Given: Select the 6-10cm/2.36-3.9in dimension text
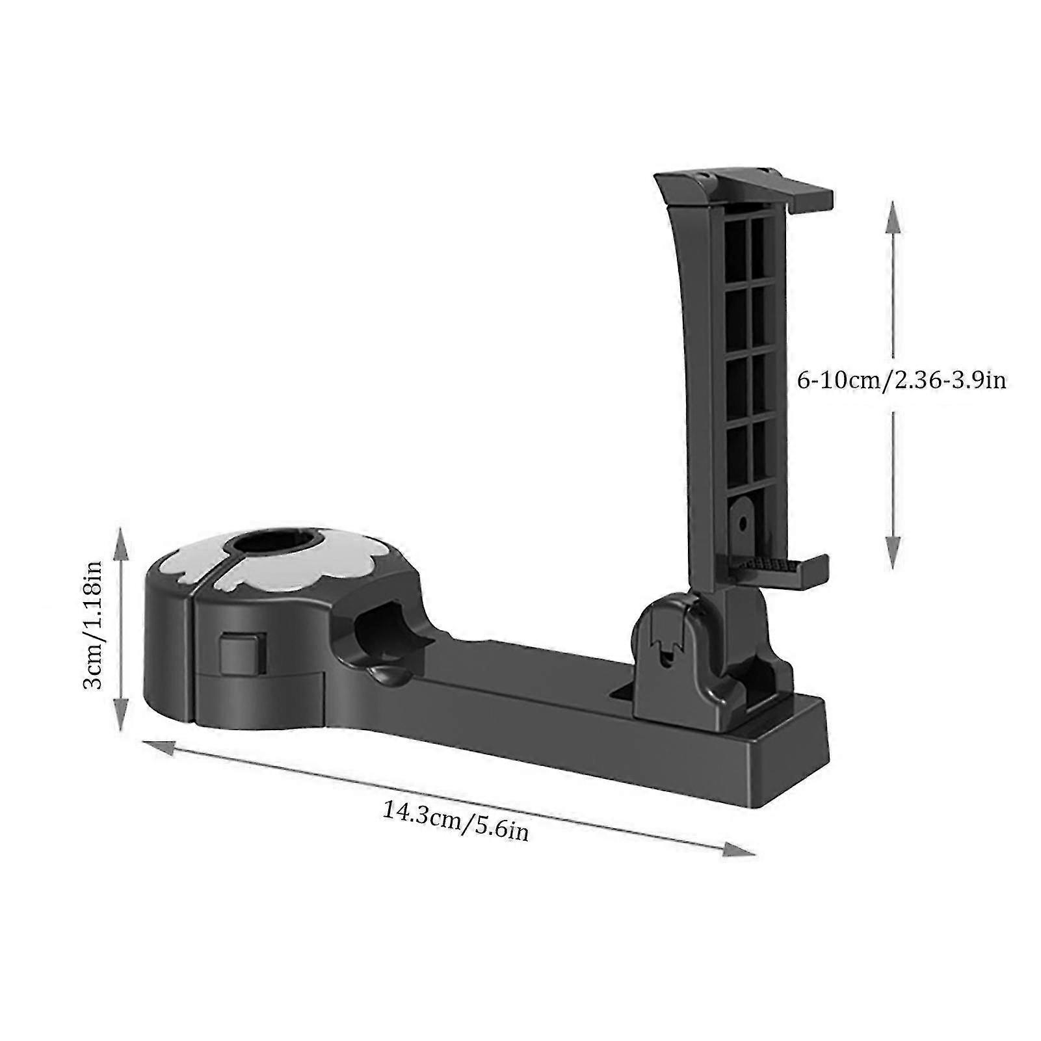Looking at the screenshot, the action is (901, 380).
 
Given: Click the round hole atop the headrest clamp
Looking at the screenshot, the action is (270, 542).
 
